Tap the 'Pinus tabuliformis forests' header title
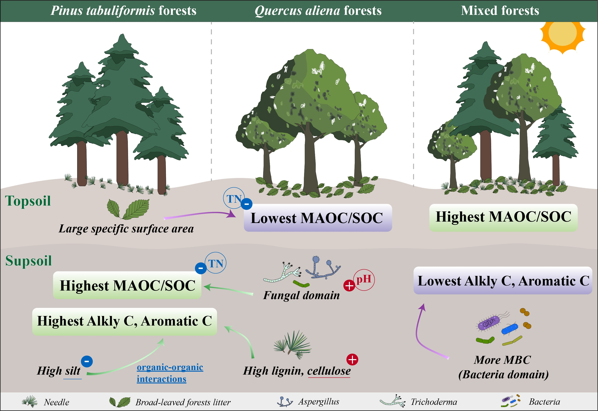click(123, 11)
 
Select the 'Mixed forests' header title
click(500, 11)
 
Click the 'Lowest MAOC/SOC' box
click(318, 218)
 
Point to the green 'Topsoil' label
click(28, 201)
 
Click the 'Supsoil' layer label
click(28, 261)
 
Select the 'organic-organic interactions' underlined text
click(170, 373)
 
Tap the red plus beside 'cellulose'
click(352, 360)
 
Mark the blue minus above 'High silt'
click(87, 361)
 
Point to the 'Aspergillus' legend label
click(319, 401)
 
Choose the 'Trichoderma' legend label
click(434, 402)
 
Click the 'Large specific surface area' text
click(126, 229)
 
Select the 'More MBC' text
click(502, 360)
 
